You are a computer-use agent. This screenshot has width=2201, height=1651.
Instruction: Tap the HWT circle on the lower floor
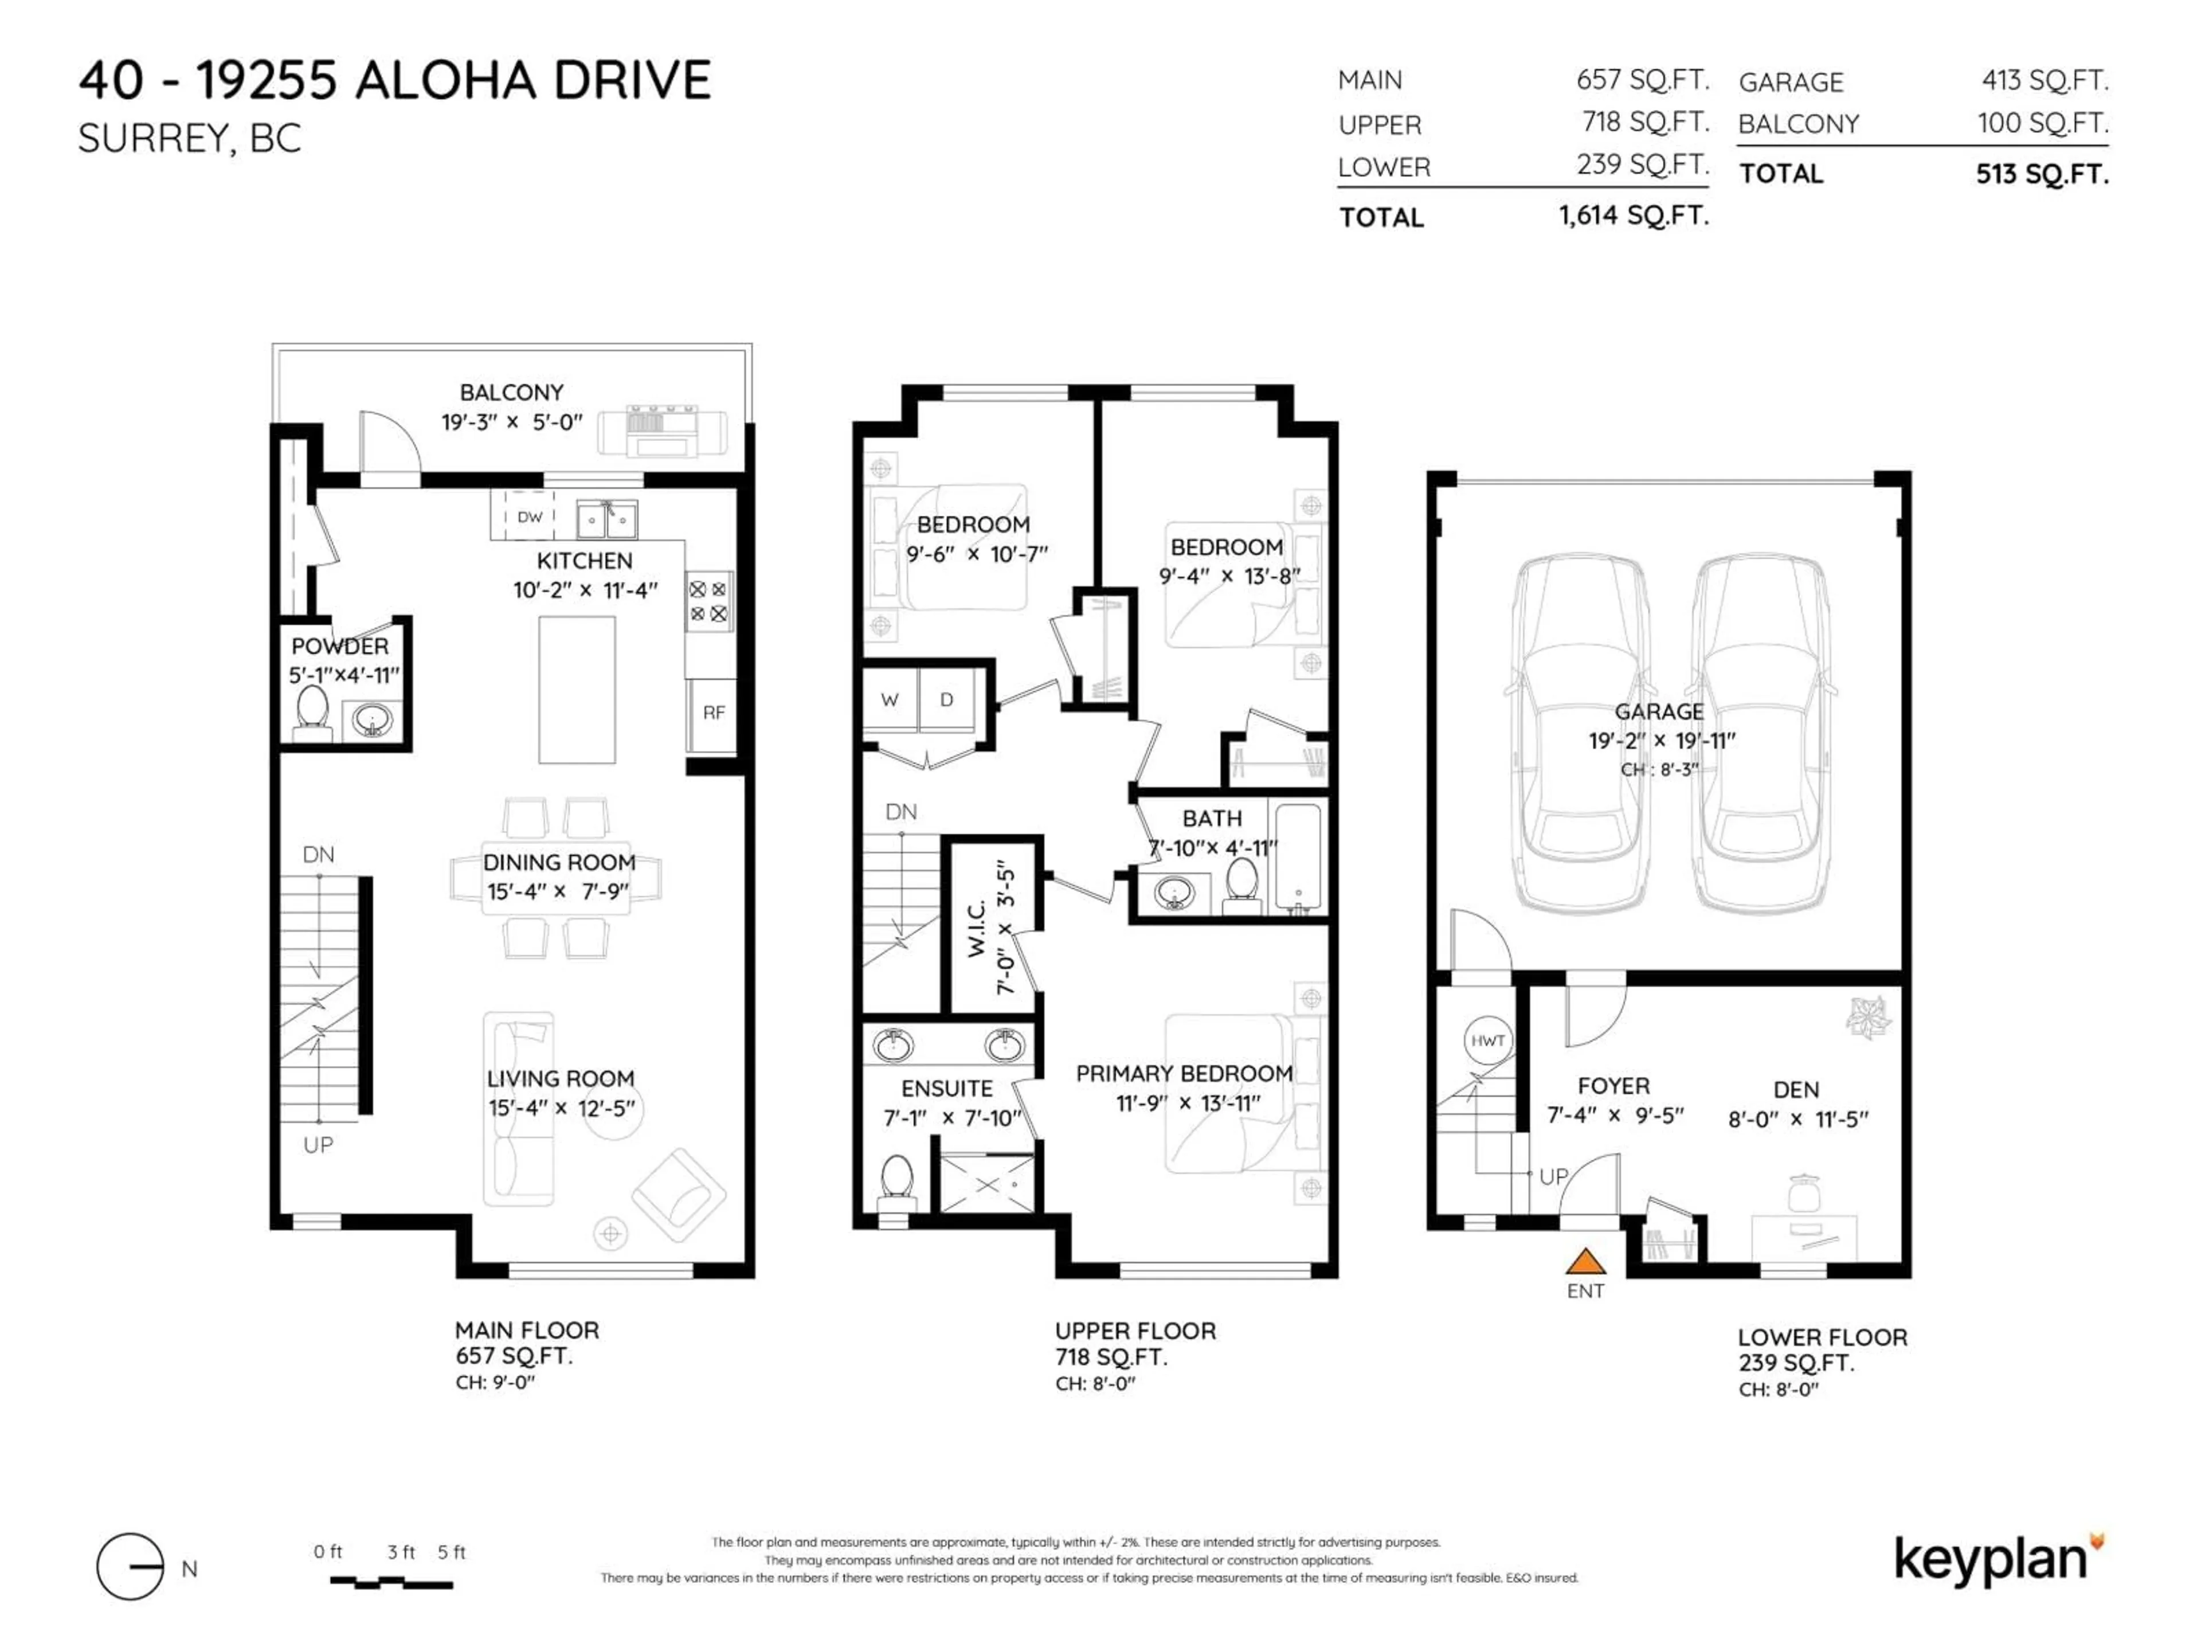point(1487,1041)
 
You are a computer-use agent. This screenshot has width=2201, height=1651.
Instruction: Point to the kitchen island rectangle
point(577,690)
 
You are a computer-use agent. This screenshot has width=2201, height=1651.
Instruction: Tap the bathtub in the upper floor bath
point(1298,858)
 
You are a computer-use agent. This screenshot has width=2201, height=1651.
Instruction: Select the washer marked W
point(890,699)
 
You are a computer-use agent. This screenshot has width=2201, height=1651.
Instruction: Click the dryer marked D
point(946,699)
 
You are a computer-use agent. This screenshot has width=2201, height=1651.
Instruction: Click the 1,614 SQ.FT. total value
point(1633,215)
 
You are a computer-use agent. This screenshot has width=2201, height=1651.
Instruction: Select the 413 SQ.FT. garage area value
point(2044,81)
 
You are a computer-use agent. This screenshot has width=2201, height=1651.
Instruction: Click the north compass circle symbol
point(130,1566)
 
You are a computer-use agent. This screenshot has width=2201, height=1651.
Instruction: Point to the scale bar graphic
point(391,1581)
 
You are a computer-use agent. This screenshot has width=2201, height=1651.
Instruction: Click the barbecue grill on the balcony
point(661,430)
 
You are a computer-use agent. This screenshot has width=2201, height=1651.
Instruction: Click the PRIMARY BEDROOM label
point(1184,1074)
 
